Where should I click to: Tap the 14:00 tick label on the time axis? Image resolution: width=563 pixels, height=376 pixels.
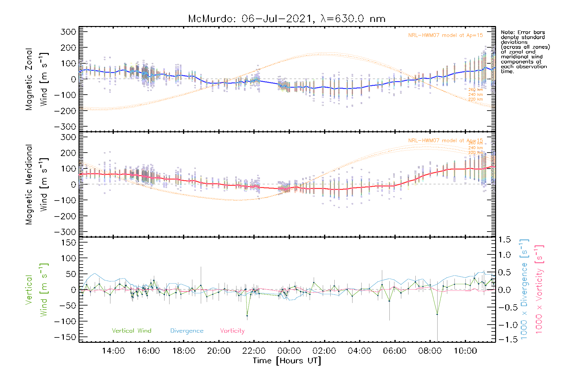tap(113, 351)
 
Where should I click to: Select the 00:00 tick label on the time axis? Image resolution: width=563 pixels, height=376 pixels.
tap(289, 351)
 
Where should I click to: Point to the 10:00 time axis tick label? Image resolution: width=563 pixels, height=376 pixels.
tap(465, 351)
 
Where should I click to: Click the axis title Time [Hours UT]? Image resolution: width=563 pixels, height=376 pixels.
tap(287, 361)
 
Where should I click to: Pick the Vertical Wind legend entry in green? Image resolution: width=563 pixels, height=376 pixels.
tap(131, 331)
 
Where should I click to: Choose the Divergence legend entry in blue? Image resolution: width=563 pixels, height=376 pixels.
tap(187, 331)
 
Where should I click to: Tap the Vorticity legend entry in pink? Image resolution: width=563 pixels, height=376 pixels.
tap(232, 331)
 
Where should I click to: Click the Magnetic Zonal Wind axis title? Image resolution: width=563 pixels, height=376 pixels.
tap(37, 79)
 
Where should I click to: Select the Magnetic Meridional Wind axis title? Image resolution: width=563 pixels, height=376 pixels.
tap(37, 184)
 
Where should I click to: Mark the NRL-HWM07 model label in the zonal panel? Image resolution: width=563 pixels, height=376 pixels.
tap(445, 35)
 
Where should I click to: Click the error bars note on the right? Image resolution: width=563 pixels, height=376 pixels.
tap(525, 52)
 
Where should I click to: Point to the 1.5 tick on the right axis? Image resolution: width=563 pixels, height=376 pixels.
tap(504, 240)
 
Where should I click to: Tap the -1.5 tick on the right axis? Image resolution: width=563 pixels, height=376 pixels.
tap(504, 339)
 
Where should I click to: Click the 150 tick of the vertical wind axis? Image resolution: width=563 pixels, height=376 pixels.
tap(69, 243)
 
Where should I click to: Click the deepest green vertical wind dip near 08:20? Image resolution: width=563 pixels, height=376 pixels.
tap(437, 314)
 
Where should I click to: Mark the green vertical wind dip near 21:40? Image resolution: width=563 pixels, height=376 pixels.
tap(247, 316)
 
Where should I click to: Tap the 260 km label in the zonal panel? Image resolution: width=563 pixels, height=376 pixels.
tap(475, 90)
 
